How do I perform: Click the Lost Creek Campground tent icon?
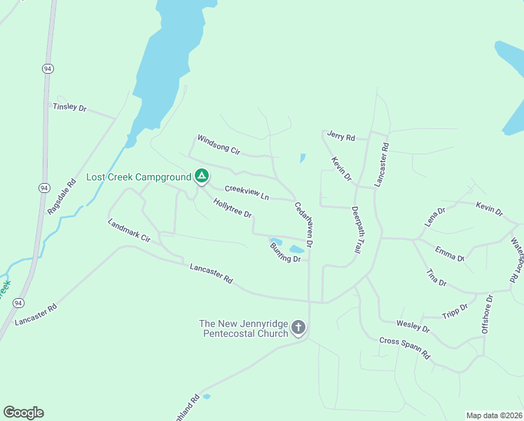201,175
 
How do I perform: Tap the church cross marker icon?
298,327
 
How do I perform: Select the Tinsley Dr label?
69,107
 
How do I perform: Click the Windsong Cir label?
219,145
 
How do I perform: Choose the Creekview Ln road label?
247,193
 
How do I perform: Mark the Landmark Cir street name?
130,231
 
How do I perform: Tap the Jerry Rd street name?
341,136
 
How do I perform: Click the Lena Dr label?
434,217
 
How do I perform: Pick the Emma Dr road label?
449,253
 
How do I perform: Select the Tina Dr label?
436,277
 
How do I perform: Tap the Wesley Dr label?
413,326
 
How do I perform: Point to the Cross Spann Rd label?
405,348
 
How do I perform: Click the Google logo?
23,413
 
